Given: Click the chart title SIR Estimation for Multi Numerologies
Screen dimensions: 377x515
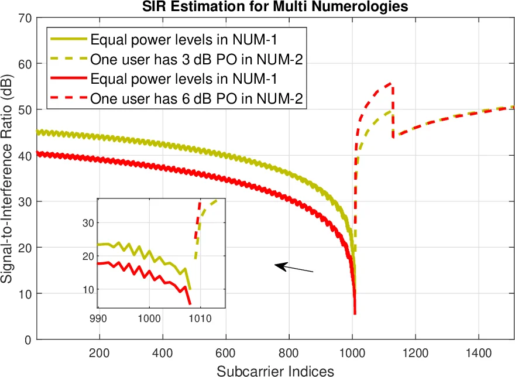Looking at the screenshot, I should click(x=274, y=6).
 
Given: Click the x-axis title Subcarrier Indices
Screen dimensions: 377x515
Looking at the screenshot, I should click(x=275, y=370).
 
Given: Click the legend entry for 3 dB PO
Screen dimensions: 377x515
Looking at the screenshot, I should click(x=196, y=59).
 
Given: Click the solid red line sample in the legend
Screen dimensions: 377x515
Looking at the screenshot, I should click(x=67, y=78).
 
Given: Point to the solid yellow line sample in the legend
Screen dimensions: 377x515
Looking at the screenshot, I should click(x=67, y=40).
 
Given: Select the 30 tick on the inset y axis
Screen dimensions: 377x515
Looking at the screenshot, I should click(x=90, y=222).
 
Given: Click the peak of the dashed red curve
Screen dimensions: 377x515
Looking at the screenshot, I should click(x=392, y=84).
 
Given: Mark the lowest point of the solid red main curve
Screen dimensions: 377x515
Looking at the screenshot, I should click(x=355, y=314).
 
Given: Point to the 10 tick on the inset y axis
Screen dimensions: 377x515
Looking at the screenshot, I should click(x=90, y=290).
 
